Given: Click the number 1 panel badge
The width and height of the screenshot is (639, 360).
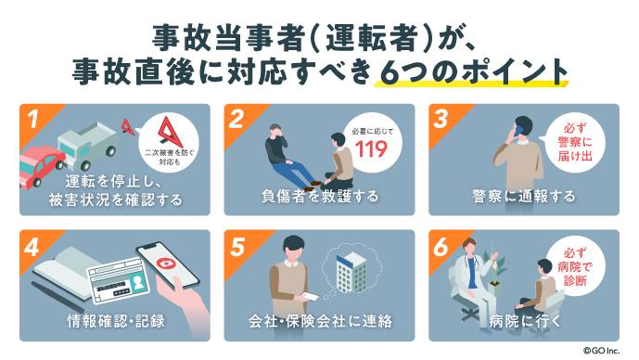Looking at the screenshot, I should click(32, 120).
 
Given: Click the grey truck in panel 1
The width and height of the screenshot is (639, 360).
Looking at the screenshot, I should click(87, 147).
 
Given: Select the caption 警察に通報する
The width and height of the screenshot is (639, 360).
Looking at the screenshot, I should click(524, 197).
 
